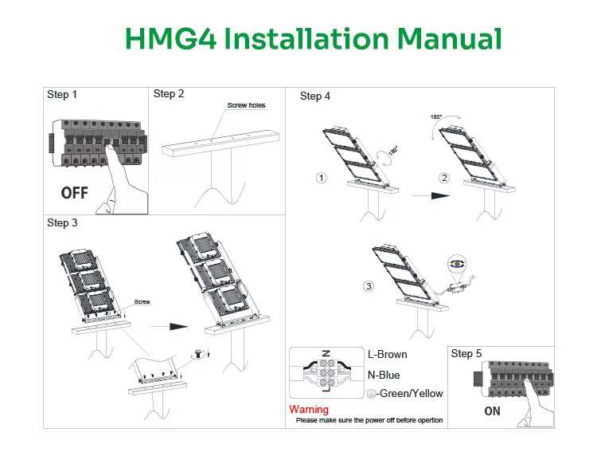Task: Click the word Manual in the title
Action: [450, 38]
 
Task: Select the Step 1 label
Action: [62, 95]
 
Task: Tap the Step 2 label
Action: [169, 94]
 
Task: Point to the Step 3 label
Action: [62, 223]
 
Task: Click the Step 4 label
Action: [315, 96]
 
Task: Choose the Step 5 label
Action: [466, 353]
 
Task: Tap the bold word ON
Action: [492, 411]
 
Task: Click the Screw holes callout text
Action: [246, 105]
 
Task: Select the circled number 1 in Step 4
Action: [322, 178]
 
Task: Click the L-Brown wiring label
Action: [388, 355]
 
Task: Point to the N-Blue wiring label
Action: [384, 375]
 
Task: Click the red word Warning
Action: [308, 410]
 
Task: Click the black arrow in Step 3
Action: [169, 326]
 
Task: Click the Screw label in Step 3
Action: [142, 302]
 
